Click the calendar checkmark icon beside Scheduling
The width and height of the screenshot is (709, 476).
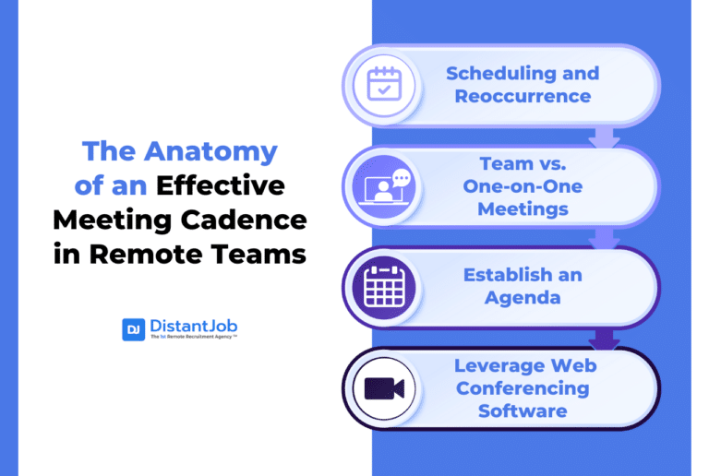pos(382,84)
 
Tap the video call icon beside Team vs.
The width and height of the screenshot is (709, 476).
pos(383,185)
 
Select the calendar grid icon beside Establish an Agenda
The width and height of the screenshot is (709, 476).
pos(383,286)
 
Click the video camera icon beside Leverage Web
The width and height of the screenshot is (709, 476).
pos(383,387)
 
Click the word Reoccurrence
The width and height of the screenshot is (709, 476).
pos(523,96)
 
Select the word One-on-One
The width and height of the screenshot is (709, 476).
pos(523,186)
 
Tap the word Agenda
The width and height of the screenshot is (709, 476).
pos(523,298)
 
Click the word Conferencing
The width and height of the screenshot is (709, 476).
pos(523,387)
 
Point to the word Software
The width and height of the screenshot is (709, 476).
pos(523,411)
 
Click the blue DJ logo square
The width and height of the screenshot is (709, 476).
pos(133,329)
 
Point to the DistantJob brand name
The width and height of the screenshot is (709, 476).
pos(194,326)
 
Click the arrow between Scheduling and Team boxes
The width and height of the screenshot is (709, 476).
pos(604,137)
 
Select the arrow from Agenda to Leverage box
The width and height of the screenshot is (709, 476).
pos(604,339)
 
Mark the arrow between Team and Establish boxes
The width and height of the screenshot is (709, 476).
pos(604,238)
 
